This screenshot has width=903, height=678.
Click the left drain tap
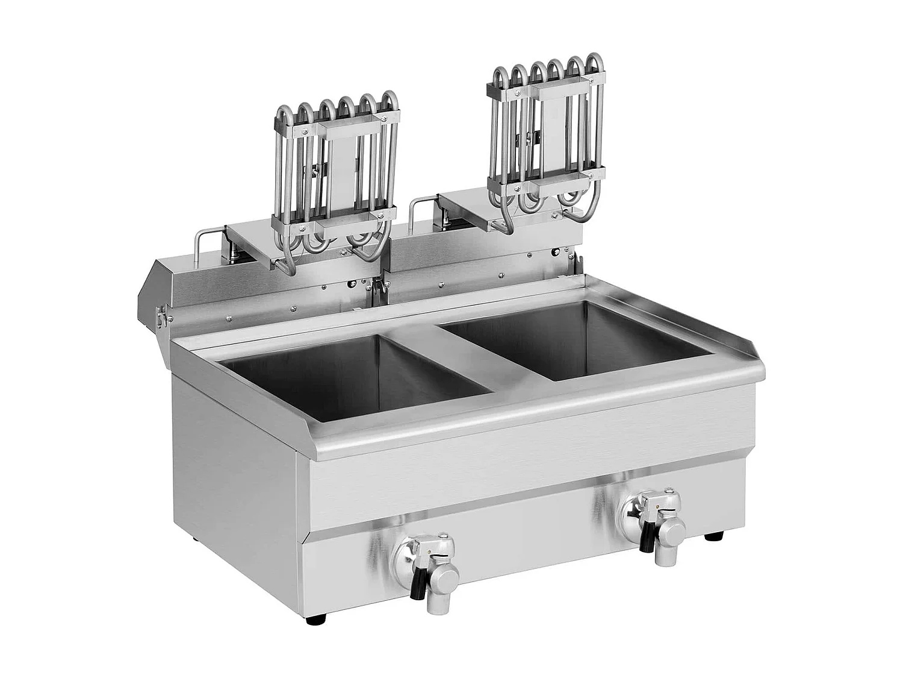(425, 563)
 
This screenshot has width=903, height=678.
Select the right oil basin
(578, 341)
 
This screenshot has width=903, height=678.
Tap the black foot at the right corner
(714, 535)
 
